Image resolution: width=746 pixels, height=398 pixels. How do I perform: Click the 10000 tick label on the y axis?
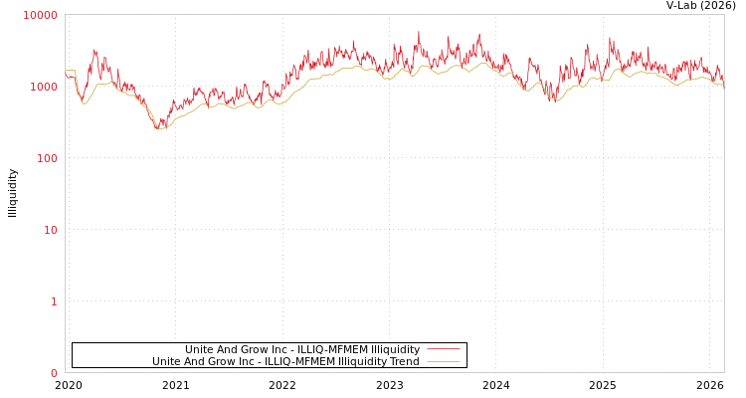click(41, 15)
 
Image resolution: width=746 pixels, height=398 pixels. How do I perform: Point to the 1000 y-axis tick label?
click(43, 87)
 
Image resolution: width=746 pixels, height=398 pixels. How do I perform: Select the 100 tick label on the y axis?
click(46, 158)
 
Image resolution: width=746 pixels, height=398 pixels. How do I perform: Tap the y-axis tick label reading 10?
click(50, 230)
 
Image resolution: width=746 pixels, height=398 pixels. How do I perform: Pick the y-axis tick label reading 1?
click(54, 301)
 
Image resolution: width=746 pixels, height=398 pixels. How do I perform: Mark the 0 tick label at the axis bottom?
click(54, 373)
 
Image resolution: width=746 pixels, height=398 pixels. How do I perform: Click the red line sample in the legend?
click(443, 349)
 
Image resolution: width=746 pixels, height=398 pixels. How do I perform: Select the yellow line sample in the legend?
click(443, 361)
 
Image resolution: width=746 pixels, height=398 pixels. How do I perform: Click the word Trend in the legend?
click(403, 361)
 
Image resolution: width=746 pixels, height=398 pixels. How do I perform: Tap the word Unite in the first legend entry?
click(200, 349)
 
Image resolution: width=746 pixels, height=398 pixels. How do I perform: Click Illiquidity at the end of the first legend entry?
click(395, 349)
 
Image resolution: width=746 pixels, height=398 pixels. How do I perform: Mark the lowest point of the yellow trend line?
click(159, 129)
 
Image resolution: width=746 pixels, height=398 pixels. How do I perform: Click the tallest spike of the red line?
click(419, 33)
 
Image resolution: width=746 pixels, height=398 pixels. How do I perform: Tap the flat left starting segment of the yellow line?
click(70, 71)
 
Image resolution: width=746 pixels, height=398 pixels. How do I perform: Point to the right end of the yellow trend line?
click(723, 85)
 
